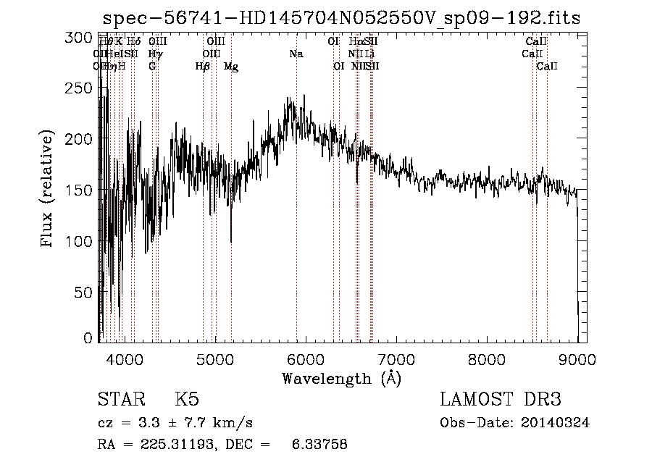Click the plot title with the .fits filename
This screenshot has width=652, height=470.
point(341,18)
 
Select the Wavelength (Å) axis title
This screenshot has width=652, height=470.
point(341,378)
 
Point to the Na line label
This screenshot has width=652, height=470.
point(296,54)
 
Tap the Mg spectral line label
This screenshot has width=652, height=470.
point(231,67)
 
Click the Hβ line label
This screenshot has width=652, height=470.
point(203,67)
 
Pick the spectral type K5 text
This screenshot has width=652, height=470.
point(187,400)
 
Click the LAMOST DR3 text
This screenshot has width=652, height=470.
point(501,400)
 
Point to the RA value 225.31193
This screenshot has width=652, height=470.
point(175,445)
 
